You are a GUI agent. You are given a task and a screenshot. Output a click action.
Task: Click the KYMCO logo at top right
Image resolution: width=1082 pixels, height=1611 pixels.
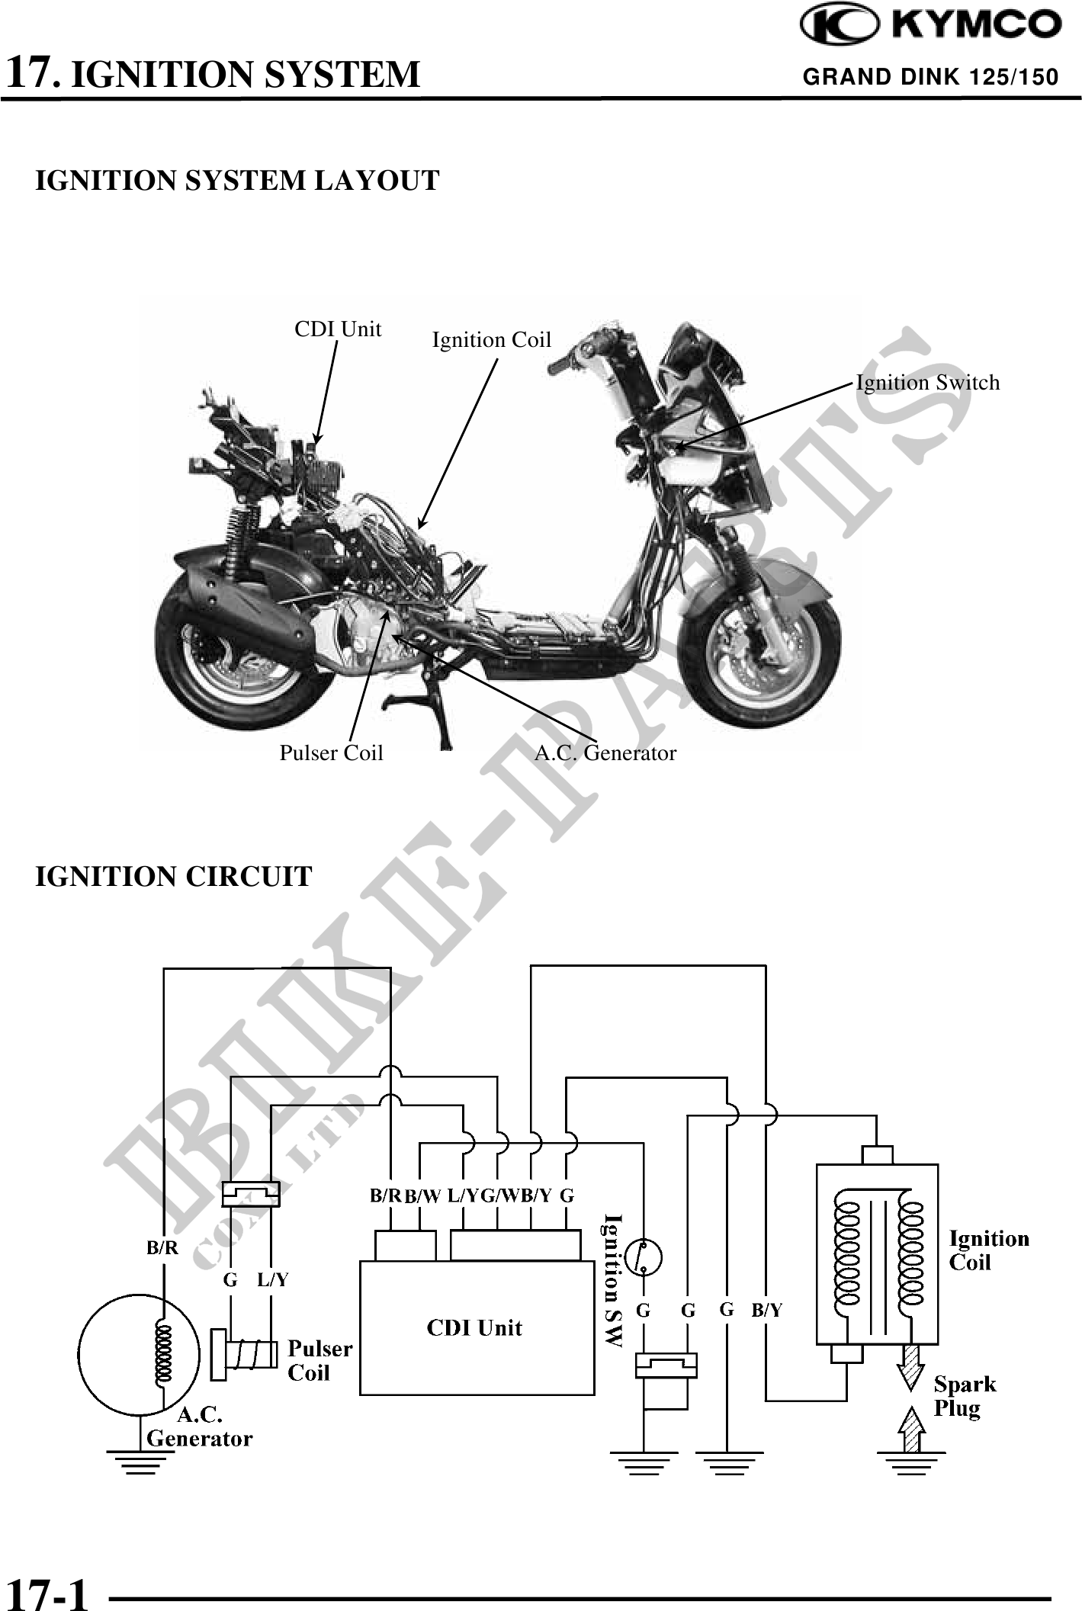930,26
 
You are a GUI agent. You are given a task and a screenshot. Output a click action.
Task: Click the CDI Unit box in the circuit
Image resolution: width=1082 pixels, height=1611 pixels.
477,1327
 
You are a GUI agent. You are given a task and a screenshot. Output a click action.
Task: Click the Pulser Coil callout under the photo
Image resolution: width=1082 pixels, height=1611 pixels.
331,753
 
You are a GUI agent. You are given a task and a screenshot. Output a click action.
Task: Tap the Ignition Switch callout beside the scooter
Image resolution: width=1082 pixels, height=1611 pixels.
927,383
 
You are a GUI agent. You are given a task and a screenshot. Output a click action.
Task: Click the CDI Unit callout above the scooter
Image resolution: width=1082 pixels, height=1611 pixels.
338,329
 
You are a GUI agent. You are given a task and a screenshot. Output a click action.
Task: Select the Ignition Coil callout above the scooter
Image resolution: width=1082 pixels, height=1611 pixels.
491,340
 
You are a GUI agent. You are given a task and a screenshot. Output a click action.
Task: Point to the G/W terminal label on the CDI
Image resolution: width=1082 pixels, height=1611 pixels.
499,1195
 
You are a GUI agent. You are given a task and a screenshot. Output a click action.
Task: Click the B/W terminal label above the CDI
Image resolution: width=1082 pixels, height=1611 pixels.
422,1196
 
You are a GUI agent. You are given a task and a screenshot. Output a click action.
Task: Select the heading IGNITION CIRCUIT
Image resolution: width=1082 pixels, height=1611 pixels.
174,877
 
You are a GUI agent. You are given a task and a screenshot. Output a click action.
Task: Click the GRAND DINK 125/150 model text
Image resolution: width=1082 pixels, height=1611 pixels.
931,77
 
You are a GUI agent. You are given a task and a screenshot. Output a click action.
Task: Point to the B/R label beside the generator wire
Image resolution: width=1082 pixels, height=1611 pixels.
162,1248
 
